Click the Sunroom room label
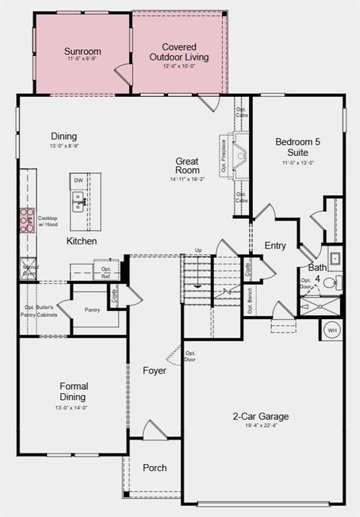coord(83,51)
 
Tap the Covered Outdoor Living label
coord(179,52)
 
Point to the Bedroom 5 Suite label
coord(298,147)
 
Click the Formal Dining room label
coord(74,390)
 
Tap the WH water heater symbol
coord(332,330)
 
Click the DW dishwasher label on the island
coord(79,180)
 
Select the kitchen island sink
coord(79,201)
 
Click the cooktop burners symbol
coord(27,220)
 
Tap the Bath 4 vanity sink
coord(334,258)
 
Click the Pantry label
coord(92,310)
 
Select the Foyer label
coord(154,371)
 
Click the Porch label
coord(155,468)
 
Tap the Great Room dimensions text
coord(186,179)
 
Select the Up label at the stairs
coord(198,250)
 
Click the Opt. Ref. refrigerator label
coord(106,272)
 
